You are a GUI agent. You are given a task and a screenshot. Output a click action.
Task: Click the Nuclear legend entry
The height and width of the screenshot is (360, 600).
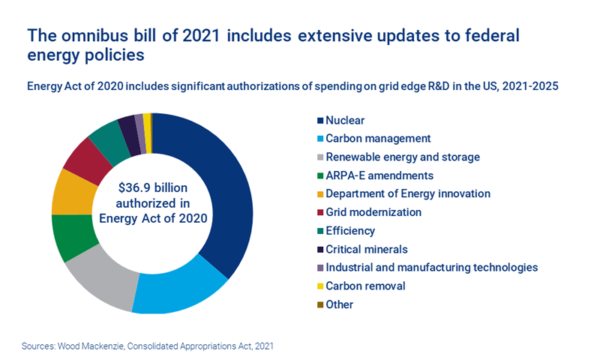click(342, 120)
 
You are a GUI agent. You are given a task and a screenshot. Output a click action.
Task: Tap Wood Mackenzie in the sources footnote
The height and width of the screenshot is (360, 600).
click(95, 346)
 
